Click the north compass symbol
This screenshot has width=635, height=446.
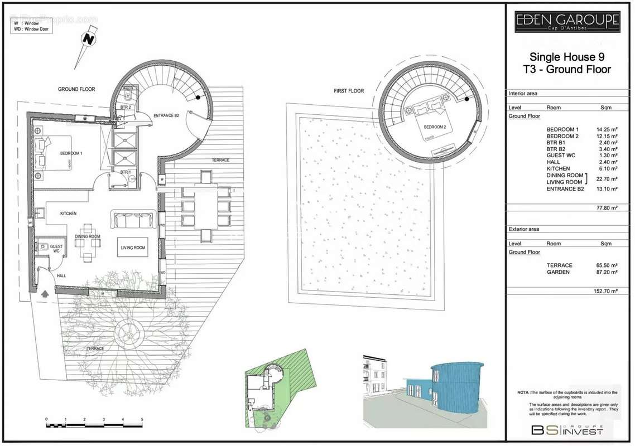point(88,40)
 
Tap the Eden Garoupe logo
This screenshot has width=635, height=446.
point(567,22)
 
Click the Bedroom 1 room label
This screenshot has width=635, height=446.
point(71,153)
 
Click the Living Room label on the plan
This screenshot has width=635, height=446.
point(133,248)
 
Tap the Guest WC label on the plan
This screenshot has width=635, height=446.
point(56,248)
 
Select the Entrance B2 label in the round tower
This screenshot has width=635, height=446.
point(166,115)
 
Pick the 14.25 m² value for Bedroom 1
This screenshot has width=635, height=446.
point(607,129)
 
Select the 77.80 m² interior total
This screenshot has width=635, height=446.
point(607,207)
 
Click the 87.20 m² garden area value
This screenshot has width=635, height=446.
point(607,272)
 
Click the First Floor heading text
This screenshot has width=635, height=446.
point(348,91)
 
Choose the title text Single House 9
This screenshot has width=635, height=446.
point(566,57)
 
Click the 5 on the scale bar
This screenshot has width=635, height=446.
point(142,419)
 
